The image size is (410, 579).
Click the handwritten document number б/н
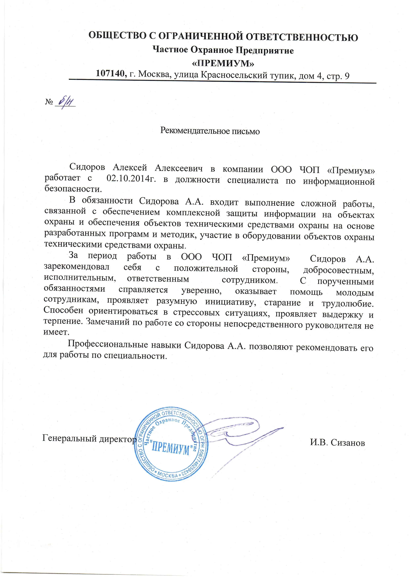pyautogui.click(x=66, y=101)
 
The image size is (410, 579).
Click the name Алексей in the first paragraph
pyautogui.click(x=130, y=167)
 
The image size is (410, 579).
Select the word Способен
pyautogui.click(x=63, y=310)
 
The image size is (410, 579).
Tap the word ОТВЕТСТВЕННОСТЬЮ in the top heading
pyautogui.click(x=302, y=37)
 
